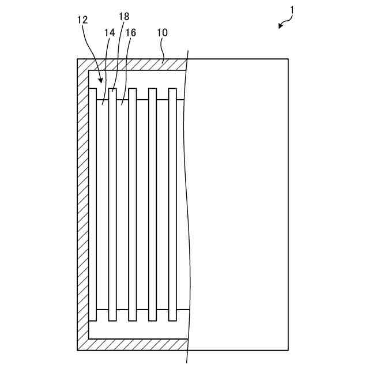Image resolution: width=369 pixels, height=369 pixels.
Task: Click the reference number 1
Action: coord(292,10)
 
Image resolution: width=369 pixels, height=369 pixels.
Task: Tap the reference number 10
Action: coord(162,33)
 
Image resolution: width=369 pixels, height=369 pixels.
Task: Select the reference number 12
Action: coord(82,20)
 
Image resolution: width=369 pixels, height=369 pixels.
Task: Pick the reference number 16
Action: coord(131,33)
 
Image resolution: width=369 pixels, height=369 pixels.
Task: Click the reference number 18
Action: coord(124,16)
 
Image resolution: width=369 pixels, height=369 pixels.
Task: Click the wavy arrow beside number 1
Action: coord(284,22)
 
